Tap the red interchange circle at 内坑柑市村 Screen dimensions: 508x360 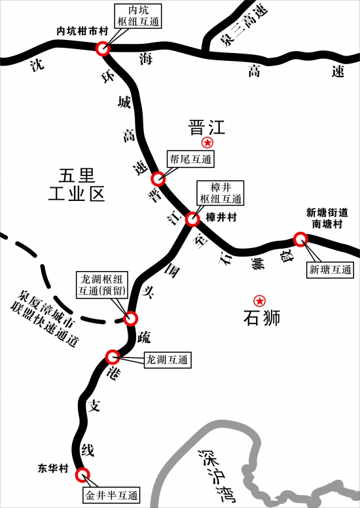103,48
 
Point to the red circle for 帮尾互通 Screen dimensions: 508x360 158,179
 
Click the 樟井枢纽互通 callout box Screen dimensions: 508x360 221,193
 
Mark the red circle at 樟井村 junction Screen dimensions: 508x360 192,219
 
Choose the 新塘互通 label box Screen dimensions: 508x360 330,269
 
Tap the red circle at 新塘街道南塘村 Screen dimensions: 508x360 300,239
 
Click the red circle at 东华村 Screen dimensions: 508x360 82,475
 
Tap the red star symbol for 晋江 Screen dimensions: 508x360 207,142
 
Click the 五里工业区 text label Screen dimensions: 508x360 77,185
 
